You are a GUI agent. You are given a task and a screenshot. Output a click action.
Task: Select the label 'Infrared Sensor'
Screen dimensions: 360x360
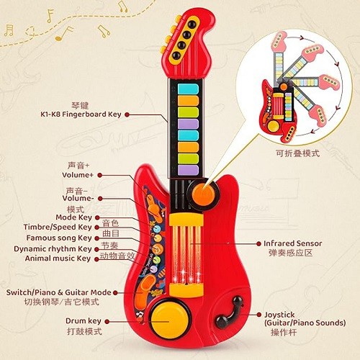point(292,243)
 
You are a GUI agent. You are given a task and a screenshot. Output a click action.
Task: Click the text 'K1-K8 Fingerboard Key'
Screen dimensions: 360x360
point(81,114)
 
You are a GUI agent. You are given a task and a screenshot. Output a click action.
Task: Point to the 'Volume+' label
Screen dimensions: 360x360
point(78,175)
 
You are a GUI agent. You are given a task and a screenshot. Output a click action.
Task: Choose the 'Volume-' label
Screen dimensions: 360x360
point(78,198)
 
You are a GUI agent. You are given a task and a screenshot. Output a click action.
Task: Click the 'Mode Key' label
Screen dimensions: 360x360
point(74,217)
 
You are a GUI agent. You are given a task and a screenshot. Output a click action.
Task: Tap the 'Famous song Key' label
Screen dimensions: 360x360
point(59,238)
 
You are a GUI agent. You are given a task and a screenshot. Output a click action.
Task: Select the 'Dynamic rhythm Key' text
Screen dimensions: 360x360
point(53,248)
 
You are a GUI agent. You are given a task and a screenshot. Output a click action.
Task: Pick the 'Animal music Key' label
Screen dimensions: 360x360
point(58,258)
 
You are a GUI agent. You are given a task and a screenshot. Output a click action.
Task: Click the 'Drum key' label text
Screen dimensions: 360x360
point(84,321)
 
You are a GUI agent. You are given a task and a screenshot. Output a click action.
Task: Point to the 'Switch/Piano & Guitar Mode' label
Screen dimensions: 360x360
point(59,292)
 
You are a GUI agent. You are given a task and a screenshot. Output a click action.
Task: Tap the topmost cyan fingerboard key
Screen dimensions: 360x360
point(188,89)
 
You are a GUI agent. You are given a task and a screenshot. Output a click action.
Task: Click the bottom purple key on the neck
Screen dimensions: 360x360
point(188,170)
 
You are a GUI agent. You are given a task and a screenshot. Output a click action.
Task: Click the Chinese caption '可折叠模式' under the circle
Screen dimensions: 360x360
point(297,153)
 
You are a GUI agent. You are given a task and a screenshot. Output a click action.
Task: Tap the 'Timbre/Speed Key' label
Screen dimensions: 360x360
point(58,227)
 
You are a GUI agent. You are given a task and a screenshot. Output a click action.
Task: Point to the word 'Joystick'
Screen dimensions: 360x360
point(279,315)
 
